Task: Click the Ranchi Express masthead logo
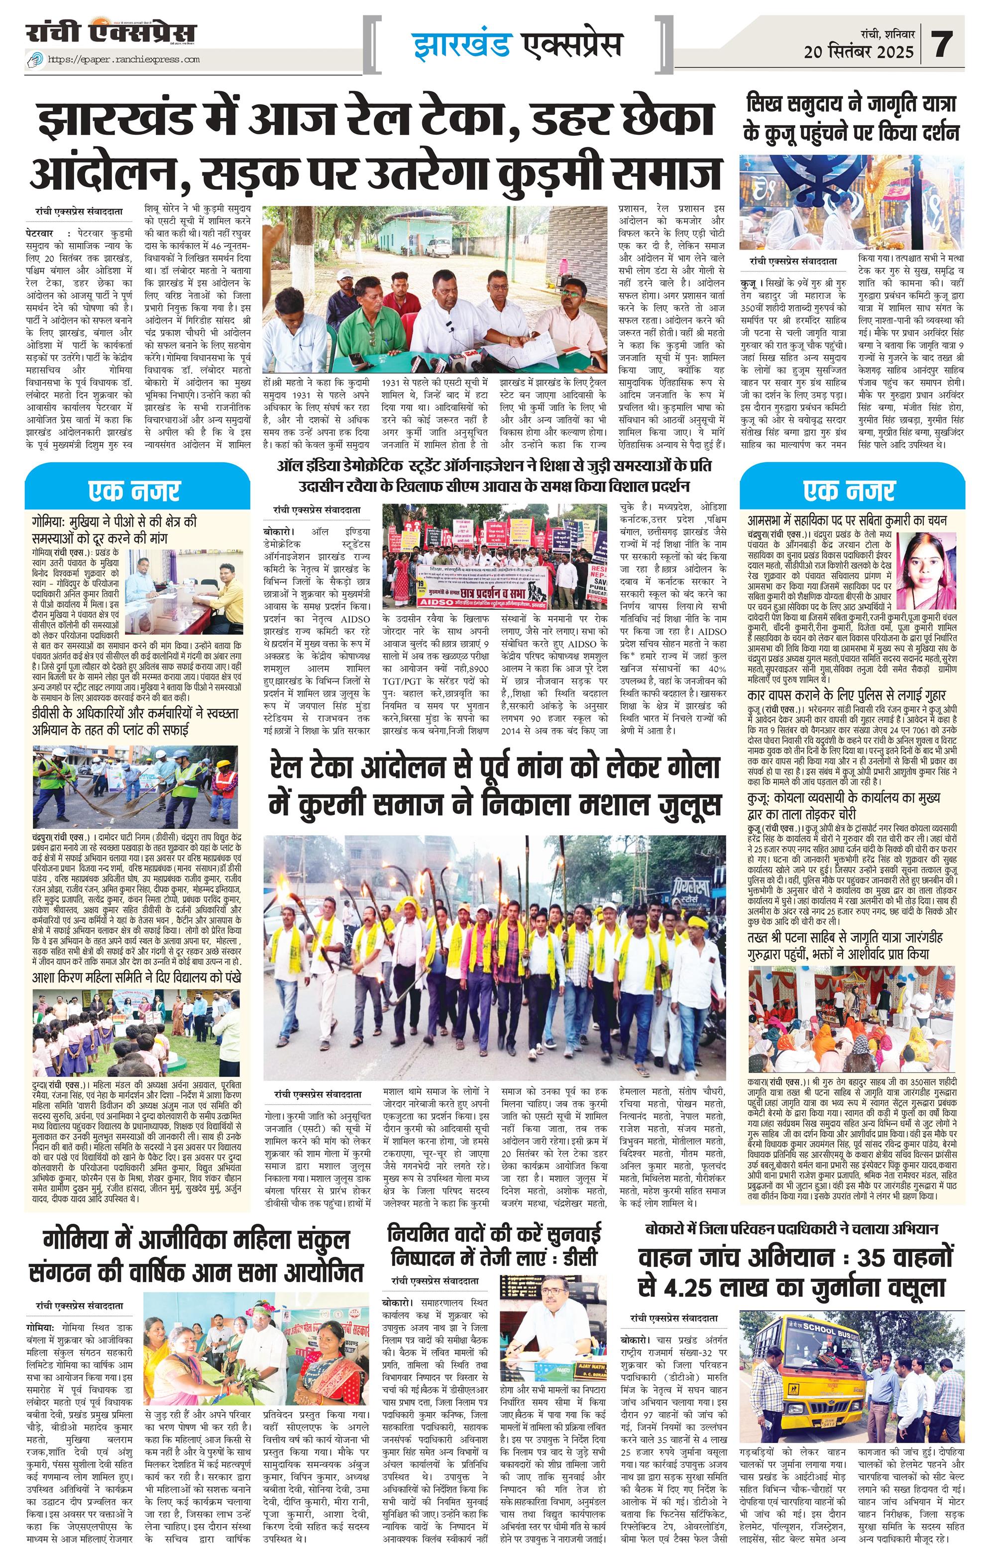[110, 34]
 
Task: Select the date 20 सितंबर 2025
[859, 52]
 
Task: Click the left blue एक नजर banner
[136, 491]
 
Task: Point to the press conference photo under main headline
[434, 289]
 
